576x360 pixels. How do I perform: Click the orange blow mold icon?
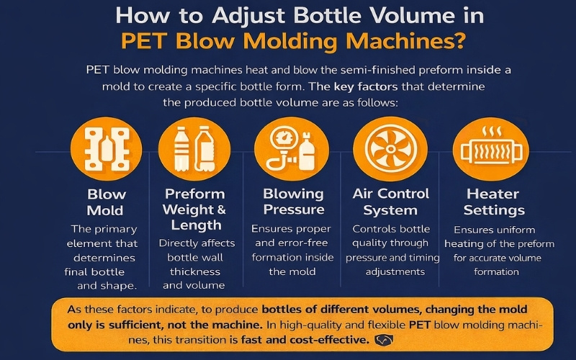tap(106, 149)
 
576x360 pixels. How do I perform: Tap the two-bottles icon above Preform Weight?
tap(194, 149)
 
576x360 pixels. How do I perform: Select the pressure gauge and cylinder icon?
tap(292, 149)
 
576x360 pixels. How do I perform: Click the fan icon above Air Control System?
tap(390, 149)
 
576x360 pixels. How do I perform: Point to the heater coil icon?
tap(491, 149)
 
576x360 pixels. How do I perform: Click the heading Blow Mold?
tap(106, 202)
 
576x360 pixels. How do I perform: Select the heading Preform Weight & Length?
tap(194, 209)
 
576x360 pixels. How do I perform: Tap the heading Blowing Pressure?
tap(294, 202)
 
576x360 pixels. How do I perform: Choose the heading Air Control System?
tap(390, 202)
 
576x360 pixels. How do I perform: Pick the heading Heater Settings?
tap(494, 202)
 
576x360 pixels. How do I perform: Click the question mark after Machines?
tap(459, 41)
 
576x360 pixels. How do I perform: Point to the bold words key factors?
tap(366, 86)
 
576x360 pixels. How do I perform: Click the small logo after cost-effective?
tap(384, 340)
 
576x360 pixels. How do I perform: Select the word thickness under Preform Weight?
tap(195, 271)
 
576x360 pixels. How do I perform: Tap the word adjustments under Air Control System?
tap(395, 272)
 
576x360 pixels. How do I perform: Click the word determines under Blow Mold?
tap(104, 258)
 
